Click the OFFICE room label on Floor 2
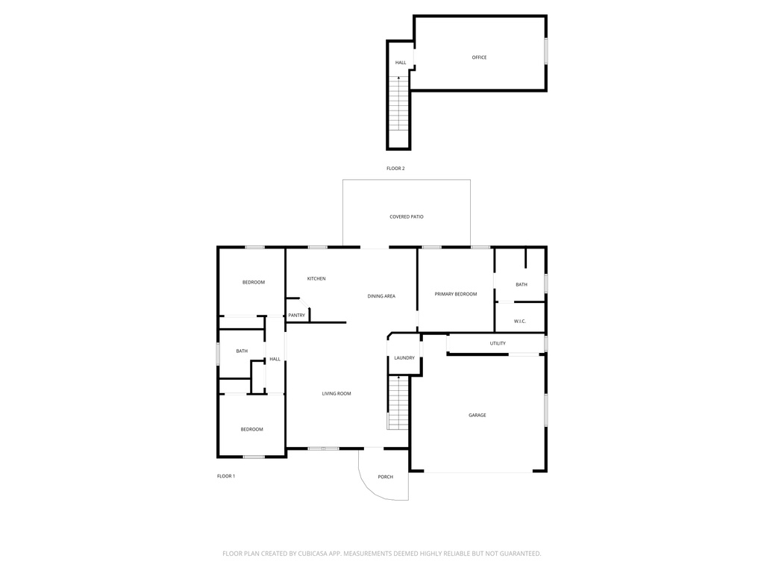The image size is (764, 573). click(479, 57)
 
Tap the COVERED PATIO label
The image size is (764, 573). click(407, 217)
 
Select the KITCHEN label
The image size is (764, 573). click(316, 279)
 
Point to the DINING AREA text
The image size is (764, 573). click(381, 296)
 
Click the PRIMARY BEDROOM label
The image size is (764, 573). click(456, 294)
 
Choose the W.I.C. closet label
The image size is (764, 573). click(520, 322)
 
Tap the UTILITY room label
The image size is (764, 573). click(498, 343)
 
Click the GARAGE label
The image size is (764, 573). click(477, 416)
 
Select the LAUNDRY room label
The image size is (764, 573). click(404, 358)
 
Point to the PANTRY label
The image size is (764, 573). click(296, 316)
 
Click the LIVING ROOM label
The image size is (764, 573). click(336, 394)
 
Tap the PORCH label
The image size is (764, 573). click(386, 477)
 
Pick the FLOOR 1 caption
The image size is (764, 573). click(226, 476)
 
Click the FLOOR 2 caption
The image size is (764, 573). click(395, 169)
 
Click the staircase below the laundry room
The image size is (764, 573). click(398, 402)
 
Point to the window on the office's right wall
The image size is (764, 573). click(545, 51)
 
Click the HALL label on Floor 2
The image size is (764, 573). click(401, 63)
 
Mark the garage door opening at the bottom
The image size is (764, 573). click(478, 472)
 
